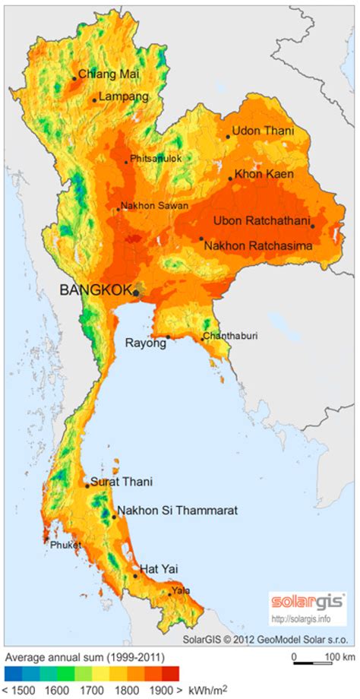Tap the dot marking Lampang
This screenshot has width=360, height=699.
coord(94,100)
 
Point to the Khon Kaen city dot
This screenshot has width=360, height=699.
coord(230,179)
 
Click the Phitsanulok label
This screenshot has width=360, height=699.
coord(156,159)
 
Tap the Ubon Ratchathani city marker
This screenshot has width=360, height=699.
coord(312,226)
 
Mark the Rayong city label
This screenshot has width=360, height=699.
coord(145,343)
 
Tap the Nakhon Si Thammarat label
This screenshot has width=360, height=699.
coord(177,511)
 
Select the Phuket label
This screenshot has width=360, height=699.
coord(65,545)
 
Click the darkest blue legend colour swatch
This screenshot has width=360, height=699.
coord(13,673)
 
